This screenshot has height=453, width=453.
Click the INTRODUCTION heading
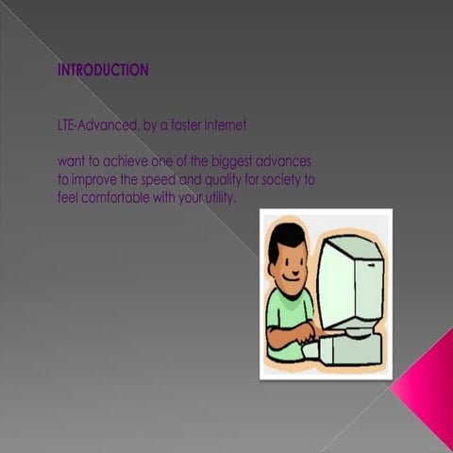coord(103,70)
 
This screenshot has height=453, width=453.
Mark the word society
coord(282,179)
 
